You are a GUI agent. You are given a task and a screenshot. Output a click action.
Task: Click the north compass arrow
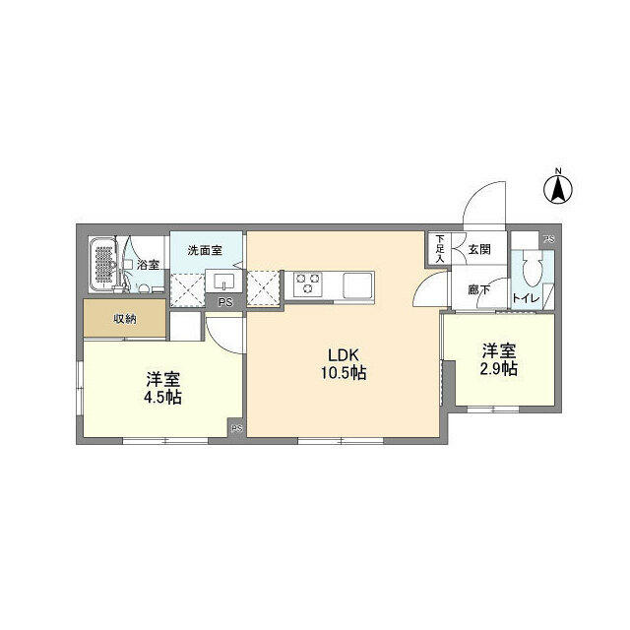(558, 190)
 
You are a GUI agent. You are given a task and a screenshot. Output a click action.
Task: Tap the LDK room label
(344, 355)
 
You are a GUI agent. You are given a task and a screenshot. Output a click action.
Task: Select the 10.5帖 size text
(344, 373)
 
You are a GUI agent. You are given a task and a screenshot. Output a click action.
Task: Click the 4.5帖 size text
(162, 398)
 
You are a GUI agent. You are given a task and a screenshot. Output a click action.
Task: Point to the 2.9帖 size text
(499, 368)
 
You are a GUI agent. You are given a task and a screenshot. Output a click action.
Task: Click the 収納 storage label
(125, 319)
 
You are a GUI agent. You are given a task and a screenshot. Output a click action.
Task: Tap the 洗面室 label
(205, 251)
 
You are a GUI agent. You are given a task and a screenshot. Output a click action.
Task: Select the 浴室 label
(149, 265)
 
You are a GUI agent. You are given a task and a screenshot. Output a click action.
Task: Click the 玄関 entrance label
(479, 249)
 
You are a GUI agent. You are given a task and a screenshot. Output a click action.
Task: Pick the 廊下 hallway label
(479, 289)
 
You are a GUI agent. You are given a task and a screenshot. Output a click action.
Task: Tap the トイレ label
(526, 298)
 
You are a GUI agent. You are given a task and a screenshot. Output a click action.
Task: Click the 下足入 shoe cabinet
(439, 249)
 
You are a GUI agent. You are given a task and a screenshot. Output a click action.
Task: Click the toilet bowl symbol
(533, 269)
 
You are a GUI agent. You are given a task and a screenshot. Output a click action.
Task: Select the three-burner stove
(308, 284)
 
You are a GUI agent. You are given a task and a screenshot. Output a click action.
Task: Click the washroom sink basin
(223, 282)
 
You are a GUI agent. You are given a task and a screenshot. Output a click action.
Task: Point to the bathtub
(103, 264)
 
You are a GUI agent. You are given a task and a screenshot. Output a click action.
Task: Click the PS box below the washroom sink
(225, 302)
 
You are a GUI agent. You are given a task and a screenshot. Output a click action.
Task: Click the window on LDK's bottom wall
(341, 441)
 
